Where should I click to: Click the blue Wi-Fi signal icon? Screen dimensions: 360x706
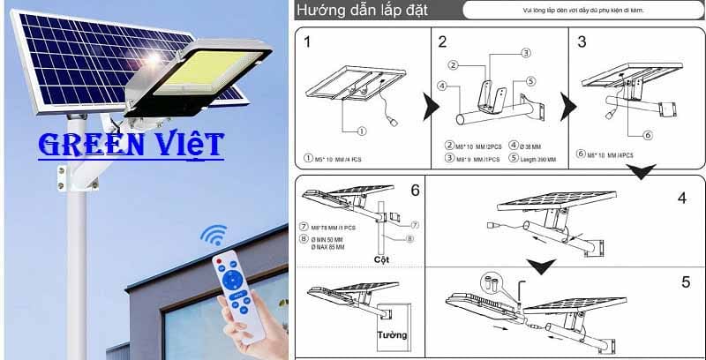coord(213,236)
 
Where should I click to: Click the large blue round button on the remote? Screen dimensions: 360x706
coord(235,280)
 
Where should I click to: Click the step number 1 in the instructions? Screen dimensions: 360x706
coord(307,41)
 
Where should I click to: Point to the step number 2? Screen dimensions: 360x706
coord(442,41)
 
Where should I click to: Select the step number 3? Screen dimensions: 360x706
coord(582,41)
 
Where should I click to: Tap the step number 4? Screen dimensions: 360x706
coord(681,197)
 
